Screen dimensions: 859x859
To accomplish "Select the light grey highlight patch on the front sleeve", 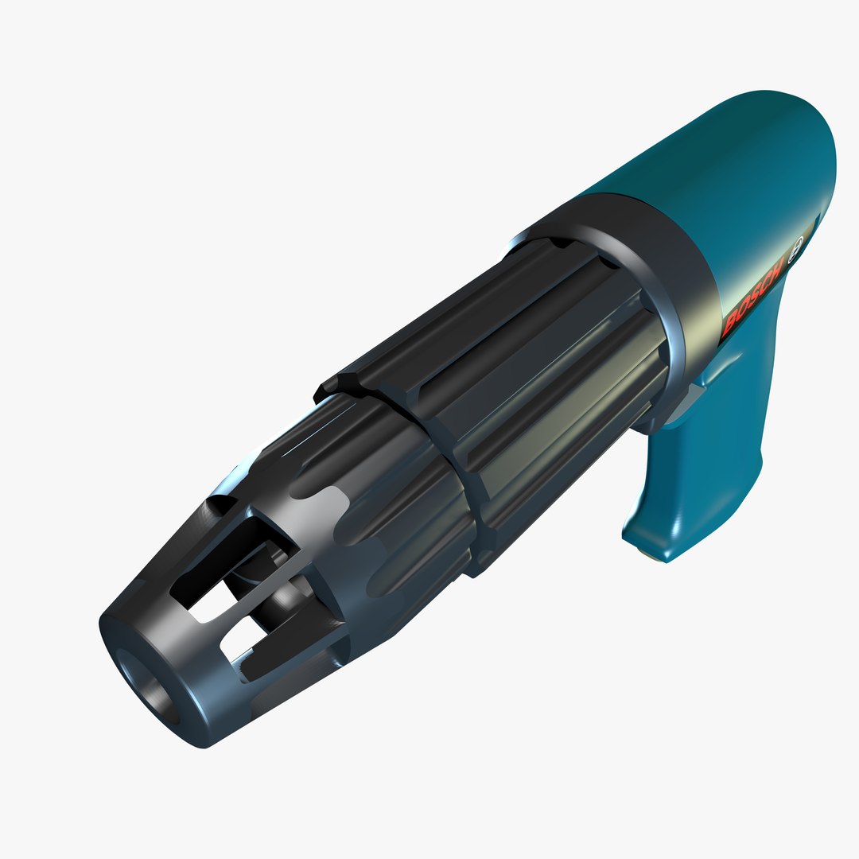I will pyautogui.click(x=334, y=509).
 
